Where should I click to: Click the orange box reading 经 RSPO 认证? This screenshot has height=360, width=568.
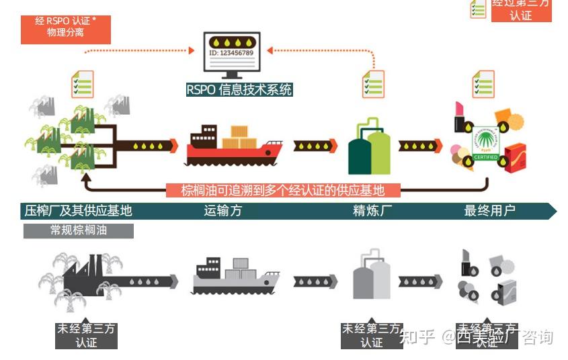pos(65,27)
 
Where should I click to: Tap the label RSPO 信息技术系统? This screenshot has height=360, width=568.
pos(240,89)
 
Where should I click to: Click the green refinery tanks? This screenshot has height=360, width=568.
pos(368,148)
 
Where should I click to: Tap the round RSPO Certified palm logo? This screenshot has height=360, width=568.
pos(486,143)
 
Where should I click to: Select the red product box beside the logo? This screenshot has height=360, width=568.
pos(516,158)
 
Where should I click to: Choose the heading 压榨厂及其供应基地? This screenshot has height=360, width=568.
pos(77,211)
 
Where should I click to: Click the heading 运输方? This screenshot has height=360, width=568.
pos(222,211)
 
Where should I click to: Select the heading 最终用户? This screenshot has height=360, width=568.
pos(489,211)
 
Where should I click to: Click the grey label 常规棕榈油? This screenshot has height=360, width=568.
pos(79,230)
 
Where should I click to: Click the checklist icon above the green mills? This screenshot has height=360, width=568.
pos(83,84)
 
